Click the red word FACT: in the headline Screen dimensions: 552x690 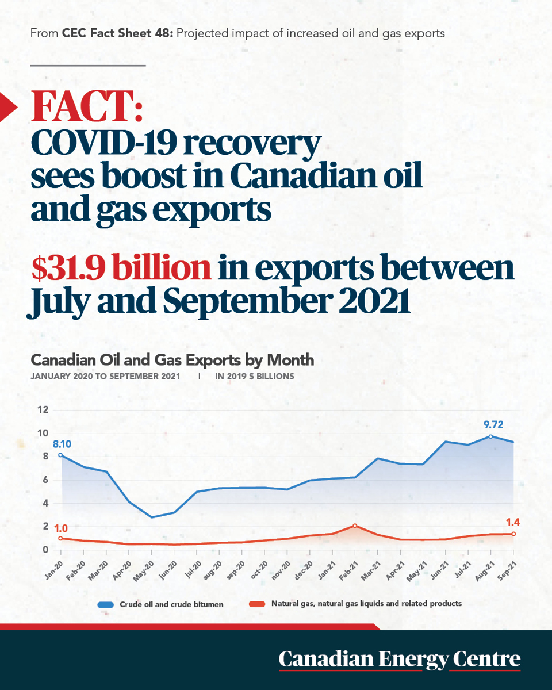coord(87,106)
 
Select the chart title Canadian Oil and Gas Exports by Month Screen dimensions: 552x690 coord(172,360)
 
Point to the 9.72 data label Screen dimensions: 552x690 coord(493,425)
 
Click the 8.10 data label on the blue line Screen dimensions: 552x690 coord(62,444)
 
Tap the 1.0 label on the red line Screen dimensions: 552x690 coord(60,528)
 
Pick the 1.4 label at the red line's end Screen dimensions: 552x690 coord(512,523)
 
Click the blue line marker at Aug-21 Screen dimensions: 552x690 coord(490,436)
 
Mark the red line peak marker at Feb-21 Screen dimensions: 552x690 coord(355,526)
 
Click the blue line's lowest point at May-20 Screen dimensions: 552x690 coord(152,517)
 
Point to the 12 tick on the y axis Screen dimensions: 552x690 coord(43,409)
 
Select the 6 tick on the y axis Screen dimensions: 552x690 coord(45,480)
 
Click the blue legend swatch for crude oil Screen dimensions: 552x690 coord(106,605)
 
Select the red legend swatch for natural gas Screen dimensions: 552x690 coord(257,604)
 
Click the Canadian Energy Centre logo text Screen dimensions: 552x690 coord(399,659)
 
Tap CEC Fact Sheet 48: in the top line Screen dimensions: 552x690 coord(117,33)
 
